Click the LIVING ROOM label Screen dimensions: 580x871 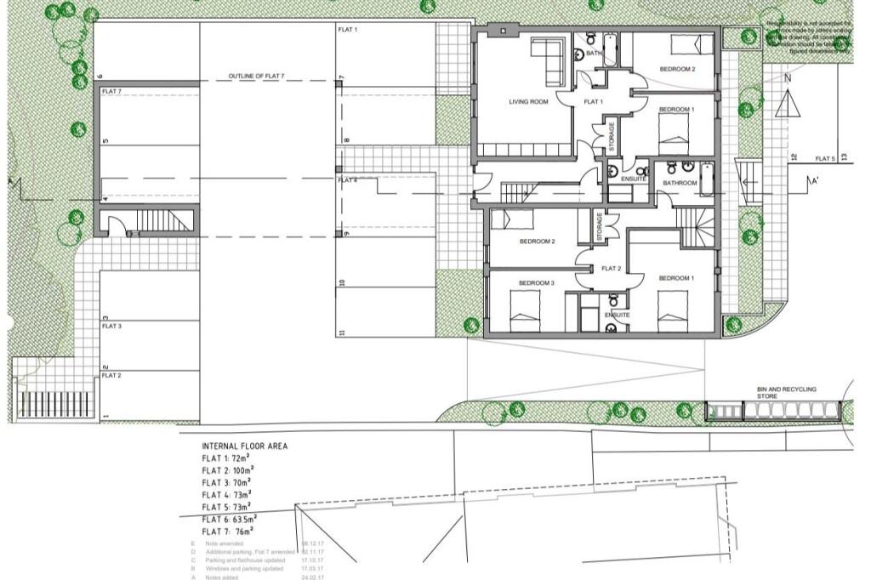[x=528, y=102]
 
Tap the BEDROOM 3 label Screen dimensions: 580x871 [x=537, y=282]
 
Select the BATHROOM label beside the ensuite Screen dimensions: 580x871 [x=680, y=183]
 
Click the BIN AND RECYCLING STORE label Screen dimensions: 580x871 [x=786, y=392]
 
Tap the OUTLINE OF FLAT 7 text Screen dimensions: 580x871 [x=256, y=77]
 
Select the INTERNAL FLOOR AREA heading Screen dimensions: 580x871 [x=244, y=446]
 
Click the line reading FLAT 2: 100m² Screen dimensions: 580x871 [x=227, y=469]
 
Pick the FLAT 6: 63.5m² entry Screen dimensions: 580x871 [x=229, y=518]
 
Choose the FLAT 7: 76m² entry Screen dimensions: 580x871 [x=227, y=531]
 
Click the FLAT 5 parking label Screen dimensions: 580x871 [x=825, y=159]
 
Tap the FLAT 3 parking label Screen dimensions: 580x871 [x=111, y=326]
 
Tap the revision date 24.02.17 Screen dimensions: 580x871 [x=312, y=577]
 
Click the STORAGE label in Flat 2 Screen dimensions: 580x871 [x=599, y=226]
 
